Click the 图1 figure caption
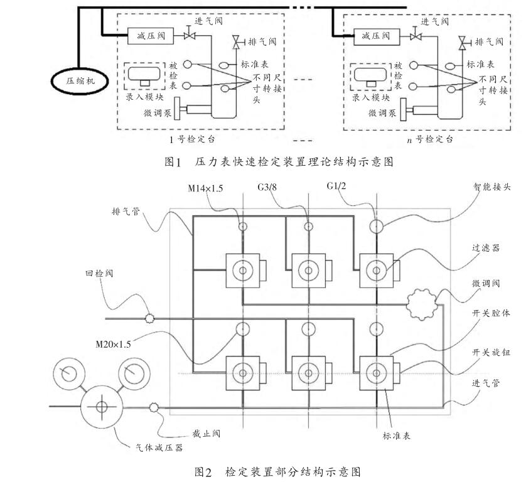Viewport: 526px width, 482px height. pos(279,162)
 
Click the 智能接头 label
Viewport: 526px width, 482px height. pos(492,187)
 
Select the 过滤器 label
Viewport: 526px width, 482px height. pos(487,248)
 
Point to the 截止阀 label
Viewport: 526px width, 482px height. pos(205,433)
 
